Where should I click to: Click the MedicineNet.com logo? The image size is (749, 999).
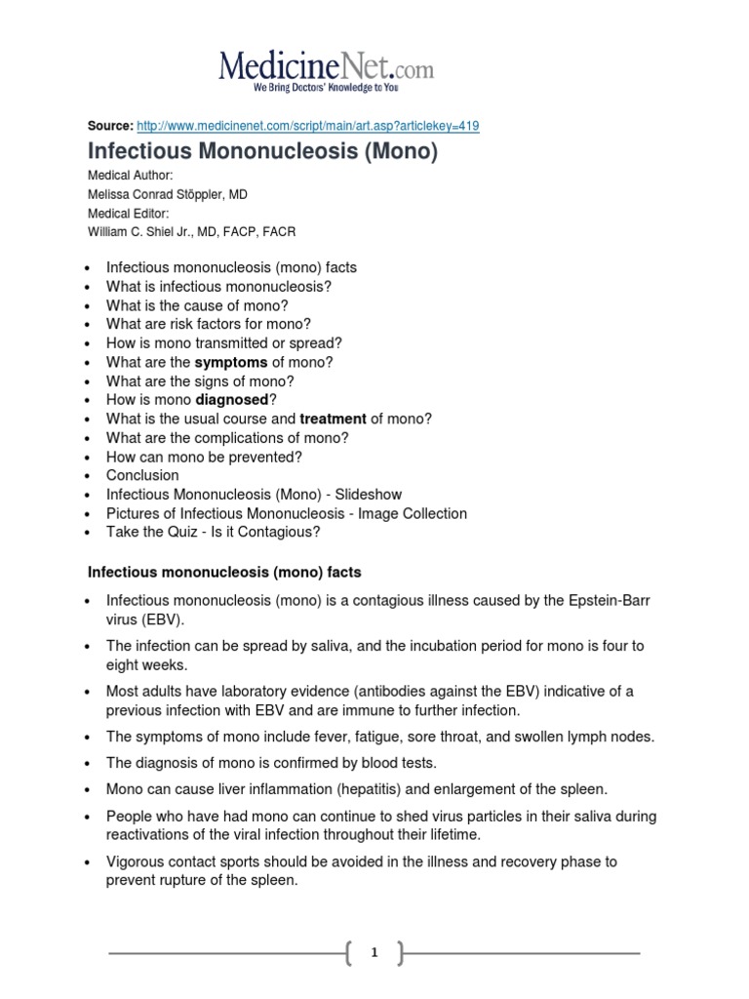pyautogui.click(x=326, y=70)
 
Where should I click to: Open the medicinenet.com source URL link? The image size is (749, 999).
pyautogui.click(x=308, y=127)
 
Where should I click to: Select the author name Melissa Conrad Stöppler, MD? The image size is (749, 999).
pyautogui.click(x=168, y=195)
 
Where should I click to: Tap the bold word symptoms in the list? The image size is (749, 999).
pyautogui.click(x=231, y=362)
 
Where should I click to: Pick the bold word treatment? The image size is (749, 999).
pyautogui.click(x=333, y=419)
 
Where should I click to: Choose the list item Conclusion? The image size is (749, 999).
pyautogui.click(x=142, y=475)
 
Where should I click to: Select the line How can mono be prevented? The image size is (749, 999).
pyautogui.click(x=204, y=457)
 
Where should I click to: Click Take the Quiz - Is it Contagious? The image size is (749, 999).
pyautogui.click(x=213, y=532)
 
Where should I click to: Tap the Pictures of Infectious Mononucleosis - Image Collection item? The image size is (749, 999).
pyautogui.click(x=286, y=513)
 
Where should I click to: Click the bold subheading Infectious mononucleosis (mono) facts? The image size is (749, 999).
pyautogui.click(x=224, y=570)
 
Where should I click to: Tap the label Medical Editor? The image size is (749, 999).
pyautogui.click(x=129, y=214)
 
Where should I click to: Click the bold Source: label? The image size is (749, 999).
pyautogui.click(x=110, y=127)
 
